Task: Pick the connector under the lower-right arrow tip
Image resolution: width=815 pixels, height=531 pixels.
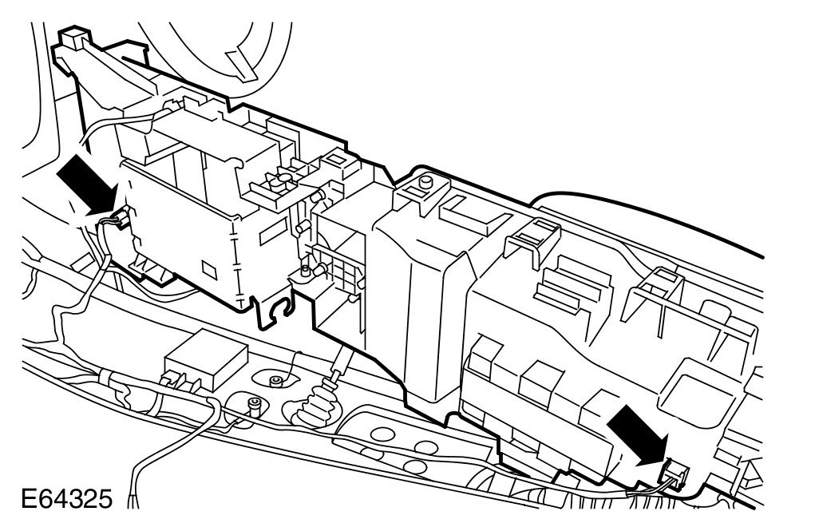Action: (x=675, y=475)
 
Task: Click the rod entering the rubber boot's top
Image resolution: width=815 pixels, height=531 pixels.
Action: (x=338, y=367)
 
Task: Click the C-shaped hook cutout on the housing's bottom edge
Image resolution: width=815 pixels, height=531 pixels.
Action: (x=281, y=311)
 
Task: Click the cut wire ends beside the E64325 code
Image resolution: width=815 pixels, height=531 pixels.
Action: (x=136, y=500)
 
